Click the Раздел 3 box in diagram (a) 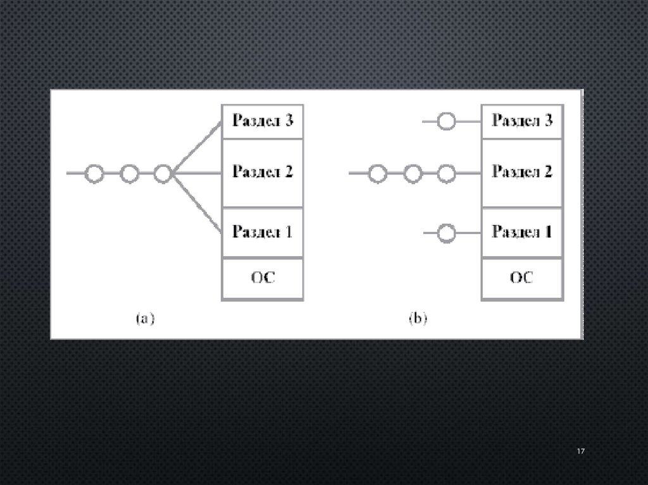click(263, 121)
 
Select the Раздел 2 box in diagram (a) click(263, 173)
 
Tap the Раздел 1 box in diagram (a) click(263, 232)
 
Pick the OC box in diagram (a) click(263, 278)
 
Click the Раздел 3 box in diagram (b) click(522, 121)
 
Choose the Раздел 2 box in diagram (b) click(522, 173)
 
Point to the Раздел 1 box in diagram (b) click(522, 232)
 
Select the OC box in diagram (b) click(522, 278)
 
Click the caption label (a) click(146, 319)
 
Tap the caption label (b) click(418, 319)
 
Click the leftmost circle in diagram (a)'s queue click(94, 173)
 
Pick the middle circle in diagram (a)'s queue click(129, 173)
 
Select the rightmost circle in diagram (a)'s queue click(163, 173)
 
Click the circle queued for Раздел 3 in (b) click(447, 121)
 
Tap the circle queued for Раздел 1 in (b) click(447, 233)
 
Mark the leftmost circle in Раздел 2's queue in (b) click(378, 173)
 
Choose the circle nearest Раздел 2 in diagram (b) click(447, 173)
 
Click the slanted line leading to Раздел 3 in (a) click(197, 147)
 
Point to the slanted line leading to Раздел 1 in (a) click(197, 204)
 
